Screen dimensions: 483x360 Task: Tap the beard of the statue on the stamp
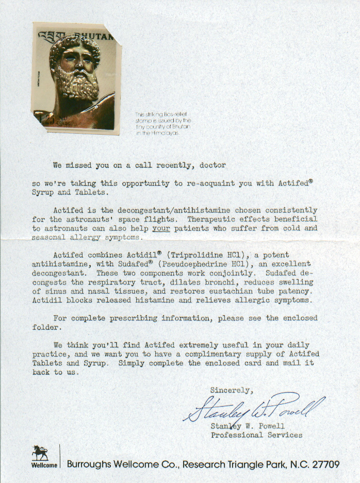coord(79,88)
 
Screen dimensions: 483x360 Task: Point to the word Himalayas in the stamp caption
coord(165,133)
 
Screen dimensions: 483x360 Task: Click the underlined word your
coord(161,228)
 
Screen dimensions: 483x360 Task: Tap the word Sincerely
coord(232,390)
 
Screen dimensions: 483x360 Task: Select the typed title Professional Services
coord(256,435)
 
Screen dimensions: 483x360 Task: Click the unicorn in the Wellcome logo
coord(40,453)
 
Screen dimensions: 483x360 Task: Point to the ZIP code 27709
coord(323,464)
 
